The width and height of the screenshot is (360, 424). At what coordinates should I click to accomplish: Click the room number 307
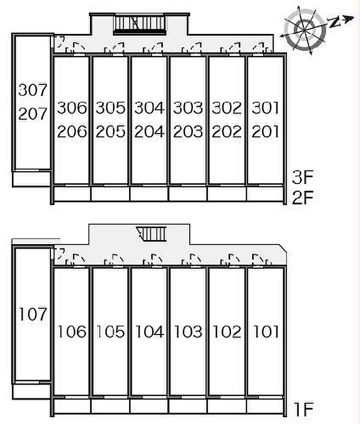(x=33, y=90)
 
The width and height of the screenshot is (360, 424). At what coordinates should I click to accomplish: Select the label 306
(x=72, y=108)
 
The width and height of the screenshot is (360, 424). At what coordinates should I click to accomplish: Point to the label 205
(x=111, y=132)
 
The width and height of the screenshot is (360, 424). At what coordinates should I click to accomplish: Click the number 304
(x=149, y=108)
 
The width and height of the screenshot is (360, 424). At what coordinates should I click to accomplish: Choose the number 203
(x=188, y=132)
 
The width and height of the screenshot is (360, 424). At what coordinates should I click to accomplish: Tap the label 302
(x=227, y=108)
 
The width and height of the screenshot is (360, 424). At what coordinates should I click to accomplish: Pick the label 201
(x=265, y=132)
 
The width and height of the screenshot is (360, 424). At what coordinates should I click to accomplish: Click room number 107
(x=33, y=314)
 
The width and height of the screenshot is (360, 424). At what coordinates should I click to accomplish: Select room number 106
(x=72, y=331)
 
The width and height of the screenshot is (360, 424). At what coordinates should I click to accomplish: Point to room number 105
(x=111, y=331)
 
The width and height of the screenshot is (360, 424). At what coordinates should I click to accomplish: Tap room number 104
(x=149, y=331)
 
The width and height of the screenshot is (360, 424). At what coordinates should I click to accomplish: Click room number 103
(x=188, y=331)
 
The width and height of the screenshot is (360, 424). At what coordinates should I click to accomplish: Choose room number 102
(x=227, y=331)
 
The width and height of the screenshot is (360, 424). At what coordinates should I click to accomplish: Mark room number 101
(x=265, y=331)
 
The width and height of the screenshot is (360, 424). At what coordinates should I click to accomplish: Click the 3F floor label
(x=302, y=178)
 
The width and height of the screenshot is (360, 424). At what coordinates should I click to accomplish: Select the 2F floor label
(x=302, y=197)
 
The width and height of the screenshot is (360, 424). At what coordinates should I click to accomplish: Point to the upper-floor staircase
(x=140, y=24)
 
